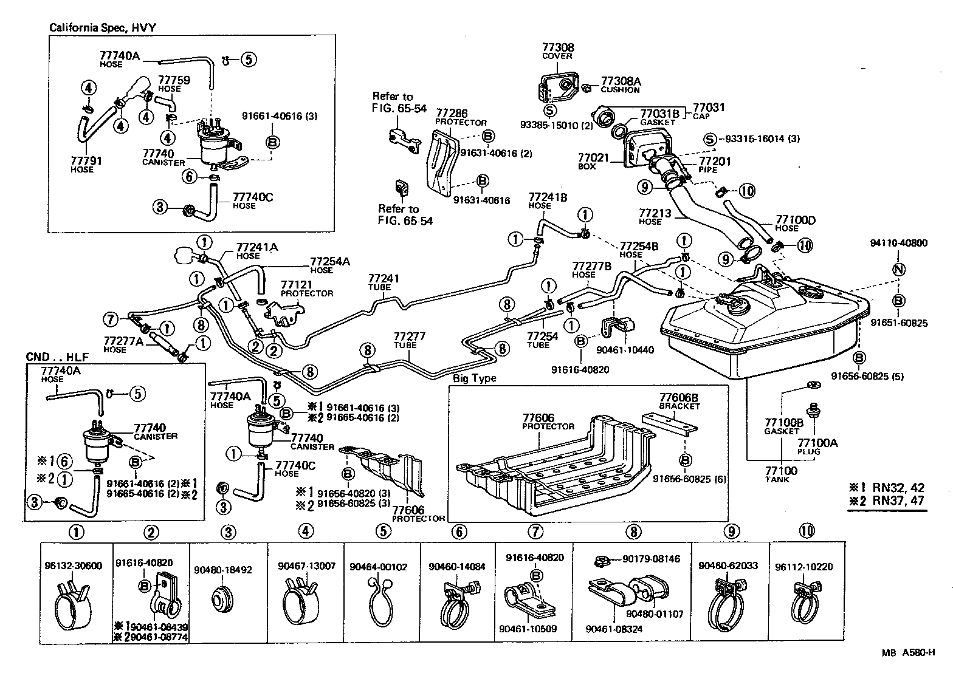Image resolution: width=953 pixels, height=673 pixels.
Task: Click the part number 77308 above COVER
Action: tap(557, 47)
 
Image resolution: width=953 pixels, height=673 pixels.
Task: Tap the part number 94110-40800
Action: tap(898, 243)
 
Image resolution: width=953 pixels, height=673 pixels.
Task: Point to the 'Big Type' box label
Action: tap(474, 378)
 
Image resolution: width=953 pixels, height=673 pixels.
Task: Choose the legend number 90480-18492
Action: tap(222, 570)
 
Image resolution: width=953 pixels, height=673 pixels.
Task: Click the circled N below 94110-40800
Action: tap(898, 270)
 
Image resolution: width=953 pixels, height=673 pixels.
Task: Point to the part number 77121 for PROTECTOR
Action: tap(296, 285)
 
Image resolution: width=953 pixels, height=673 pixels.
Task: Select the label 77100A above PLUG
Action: tap(817, 443)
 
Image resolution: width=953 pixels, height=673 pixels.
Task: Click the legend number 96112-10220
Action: tap(808, 567)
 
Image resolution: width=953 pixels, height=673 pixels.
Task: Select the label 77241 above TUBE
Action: tap(384, 278)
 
